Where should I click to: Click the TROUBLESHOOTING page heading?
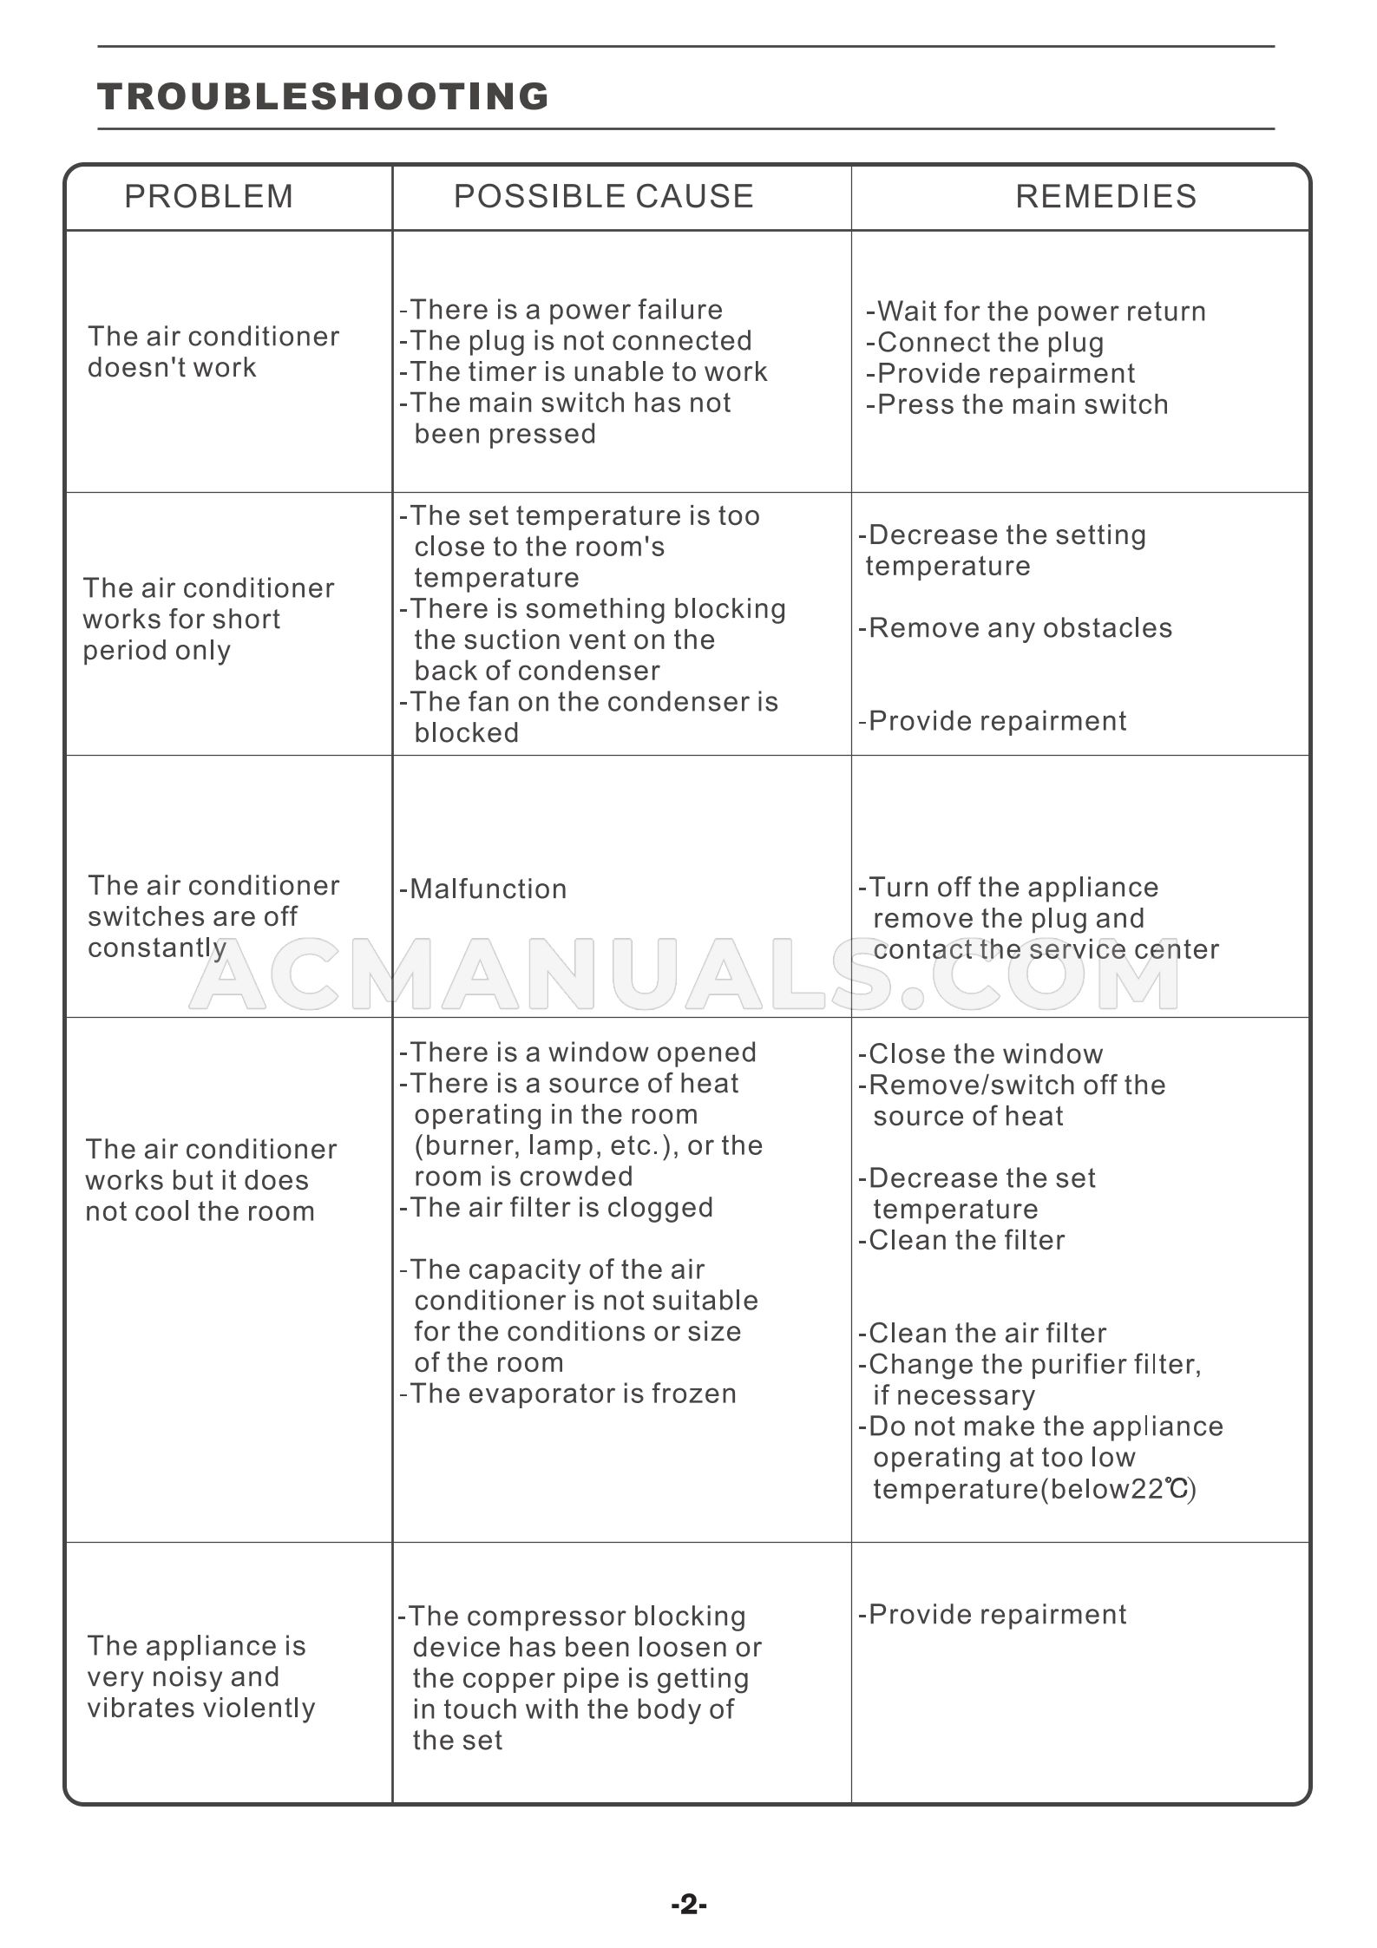click(323, 96)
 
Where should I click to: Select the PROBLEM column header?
click(208, 197)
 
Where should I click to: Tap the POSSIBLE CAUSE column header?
click(603, 197)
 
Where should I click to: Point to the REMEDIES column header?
click(1105, 197)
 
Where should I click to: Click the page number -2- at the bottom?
click(689, 1905)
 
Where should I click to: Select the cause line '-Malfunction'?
click(483, 889)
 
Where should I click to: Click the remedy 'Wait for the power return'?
click(1036, 312)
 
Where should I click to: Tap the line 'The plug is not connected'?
click(576, 341)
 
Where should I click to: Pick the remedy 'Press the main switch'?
click(1017, 404)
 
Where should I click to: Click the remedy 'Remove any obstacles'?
click(1015, 627)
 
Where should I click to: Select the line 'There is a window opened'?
click(578, 1053)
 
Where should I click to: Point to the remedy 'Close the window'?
click(980, 1054)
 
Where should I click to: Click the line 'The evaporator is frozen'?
click(568, 1394)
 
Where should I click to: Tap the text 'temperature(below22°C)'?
click(1034, 1489)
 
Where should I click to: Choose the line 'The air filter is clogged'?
click(556, 1207)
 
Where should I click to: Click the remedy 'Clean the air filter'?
click(982, 1333)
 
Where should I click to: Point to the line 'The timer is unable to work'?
click(584, 372)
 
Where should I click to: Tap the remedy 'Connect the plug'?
click(985, 343)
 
